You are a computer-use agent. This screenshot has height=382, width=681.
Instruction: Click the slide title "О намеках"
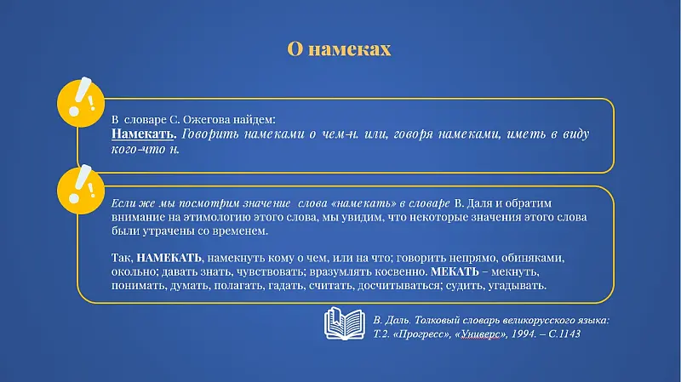pyautogui.click(x=339, y=49)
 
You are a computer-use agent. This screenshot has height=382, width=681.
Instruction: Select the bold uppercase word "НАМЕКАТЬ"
pyautogui.click(x=169, y=257)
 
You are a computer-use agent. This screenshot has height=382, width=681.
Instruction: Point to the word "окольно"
pyautogui.click(x=133, y=271)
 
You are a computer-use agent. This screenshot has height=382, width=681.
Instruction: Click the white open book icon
pyautogui.click(x=346, y=324)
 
